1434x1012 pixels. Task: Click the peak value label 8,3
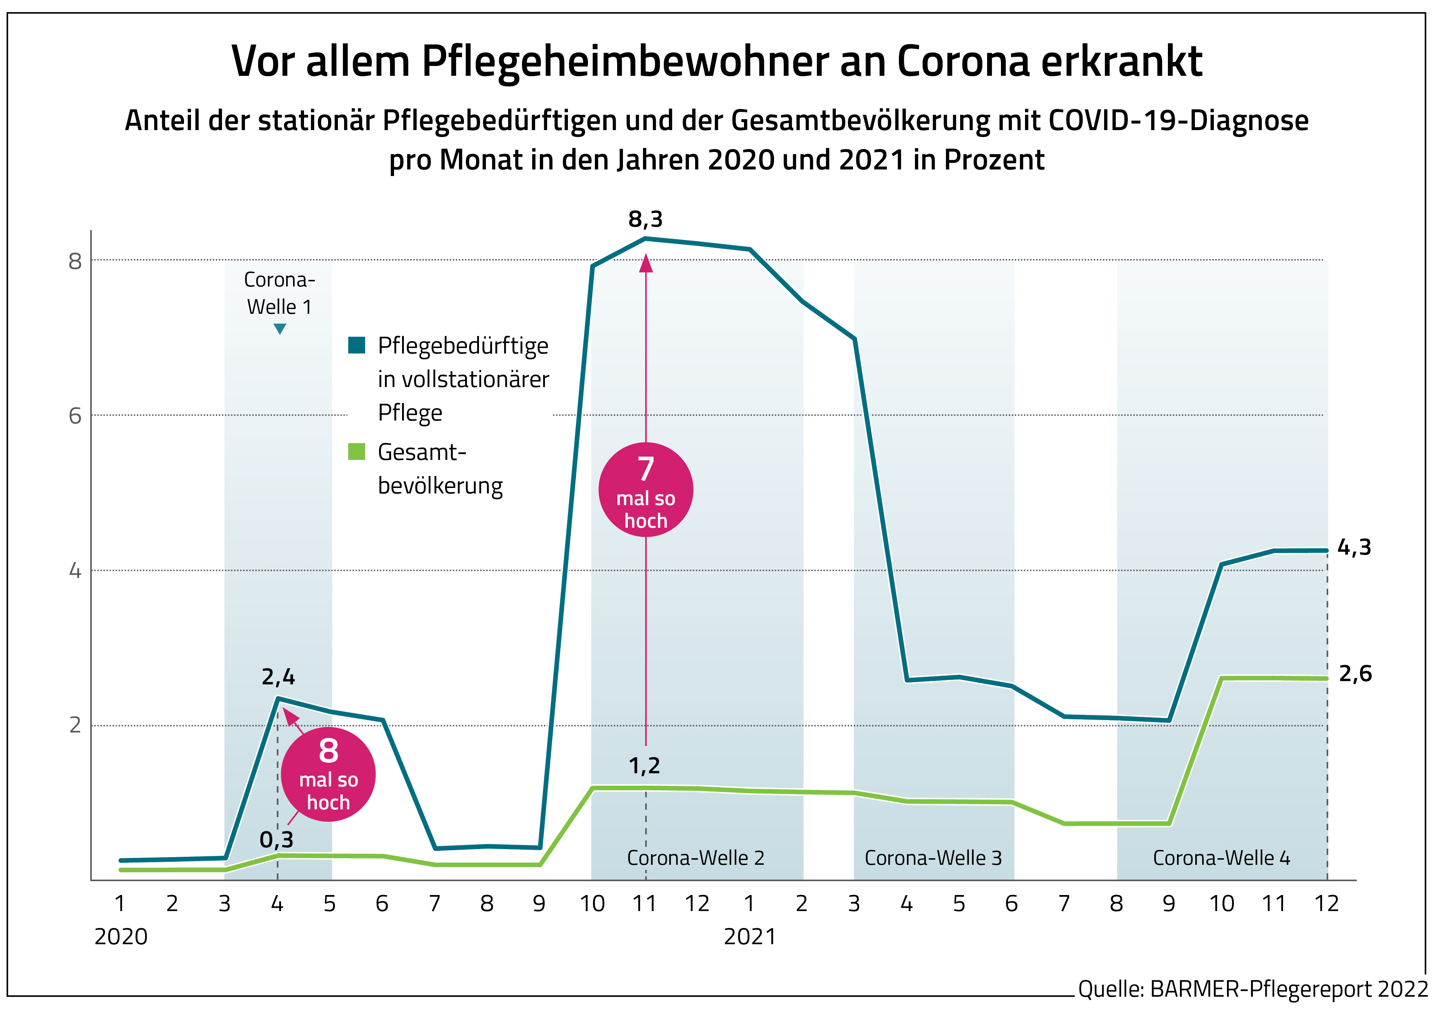645,220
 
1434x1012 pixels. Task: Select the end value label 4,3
1354,547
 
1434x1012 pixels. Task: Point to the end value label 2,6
1355,674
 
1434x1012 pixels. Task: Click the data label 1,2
644,766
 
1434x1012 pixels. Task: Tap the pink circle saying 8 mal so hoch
328,774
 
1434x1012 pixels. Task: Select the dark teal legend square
356,345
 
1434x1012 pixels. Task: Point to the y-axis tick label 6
75,416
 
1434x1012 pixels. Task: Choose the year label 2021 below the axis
749,937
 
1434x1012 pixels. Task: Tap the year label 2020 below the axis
121,937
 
